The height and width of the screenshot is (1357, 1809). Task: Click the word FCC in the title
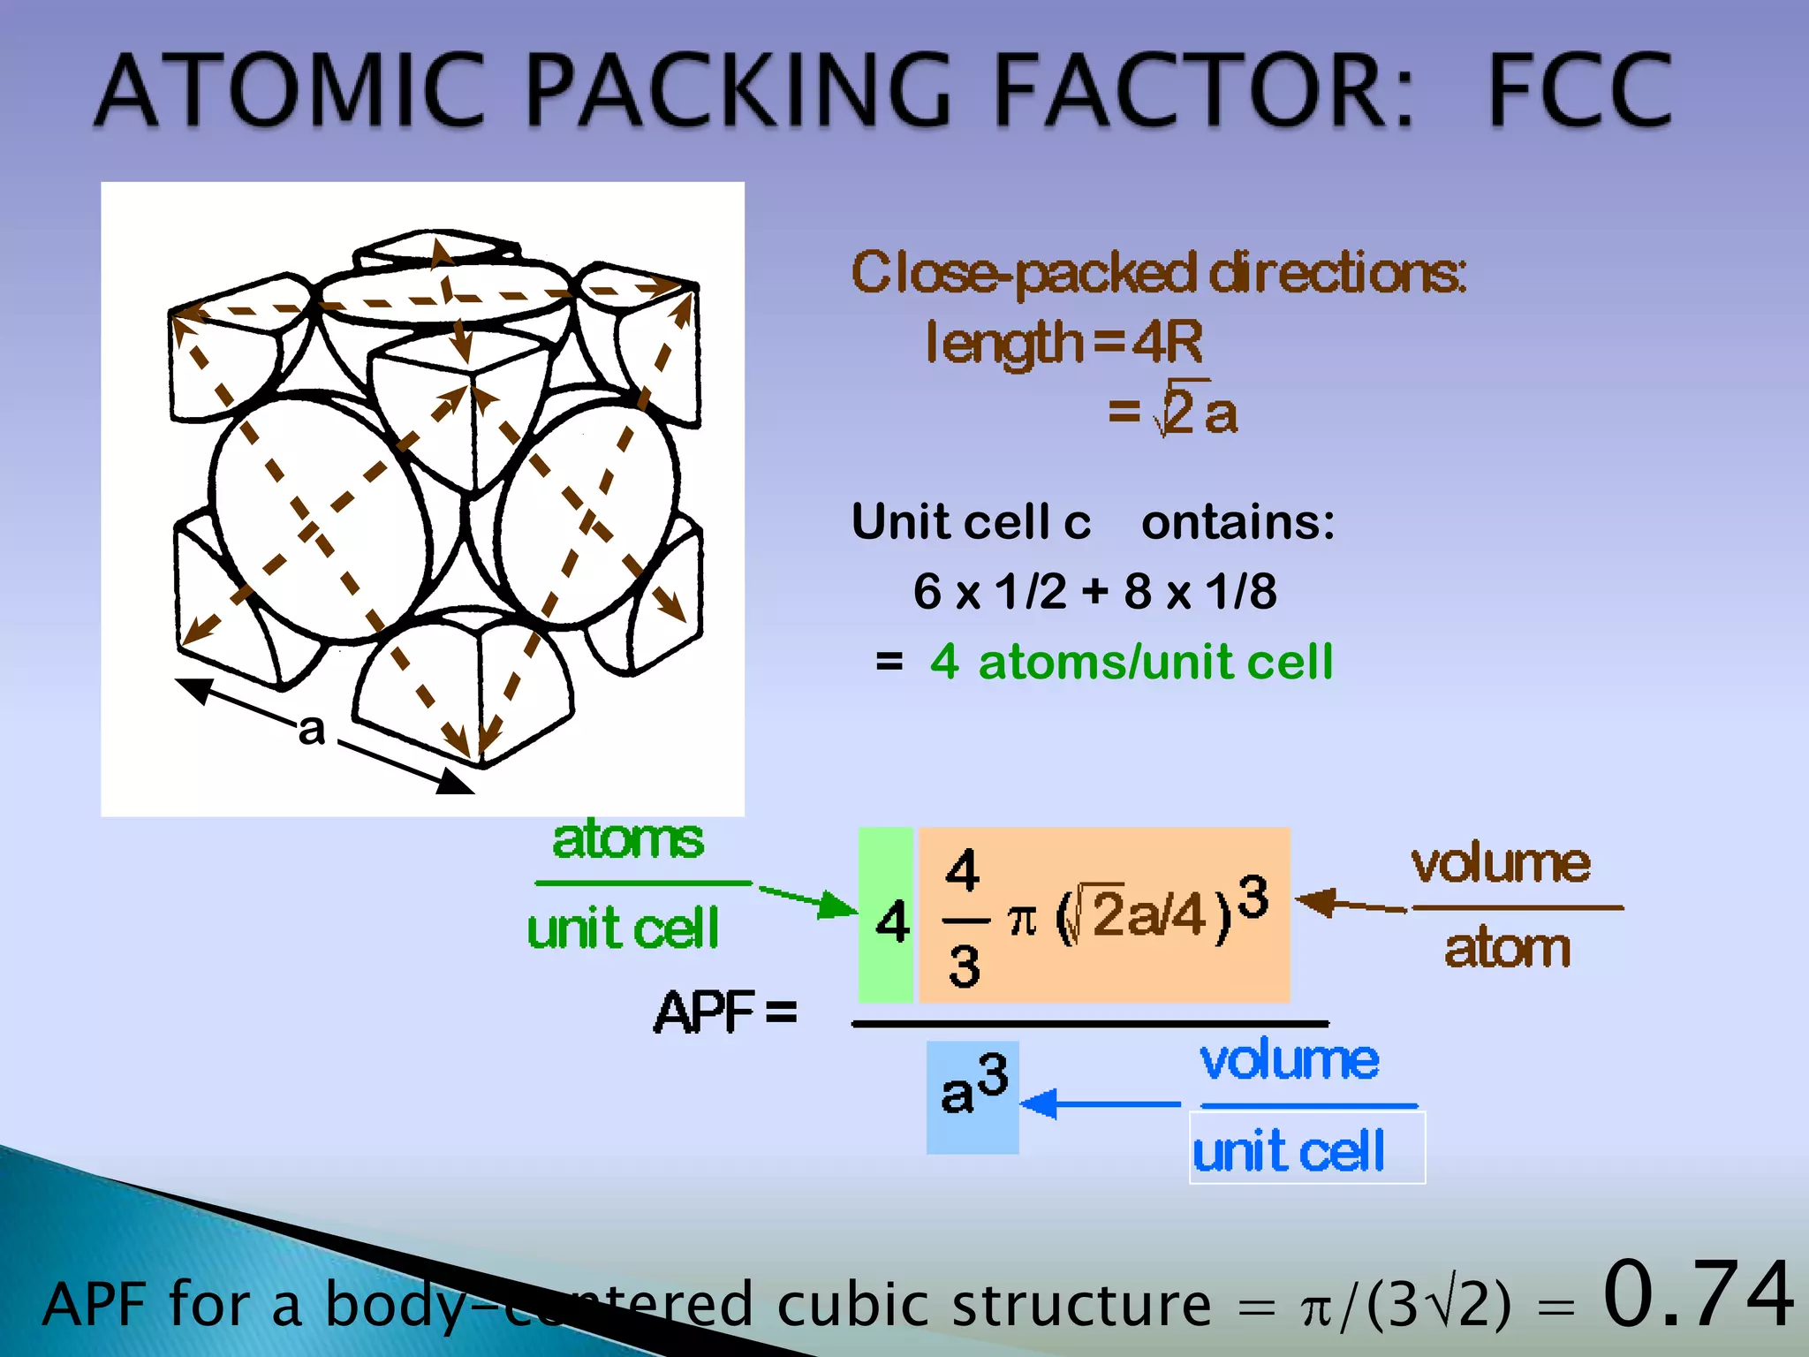click(1580, 90)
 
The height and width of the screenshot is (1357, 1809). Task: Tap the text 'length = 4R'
click(1063, 342)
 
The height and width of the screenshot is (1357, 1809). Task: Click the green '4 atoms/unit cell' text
click(1131, 662)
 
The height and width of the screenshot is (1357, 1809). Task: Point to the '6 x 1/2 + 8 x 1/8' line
click(1094, 591)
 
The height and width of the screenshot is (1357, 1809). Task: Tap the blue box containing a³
click(973, 1096)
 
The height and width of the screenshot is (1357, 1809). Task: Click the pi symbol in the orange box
click(1021, 921)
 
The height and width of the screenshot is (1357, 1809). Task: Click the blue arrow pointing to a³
click(1100, 1103)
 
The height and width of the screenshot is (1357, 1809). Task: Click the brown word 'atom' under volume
click(1507, 949)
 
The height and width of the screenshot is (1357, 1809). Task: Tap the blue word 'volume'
click(1289, 1060)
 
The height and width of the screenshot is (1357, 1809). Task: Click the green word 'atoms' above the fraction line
click(628, 839)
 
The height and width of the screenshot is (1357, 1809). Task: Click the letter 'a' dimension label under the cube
click(311, 730)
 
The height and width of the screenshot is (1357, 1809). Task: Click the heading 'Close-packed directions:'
click(1158, 272)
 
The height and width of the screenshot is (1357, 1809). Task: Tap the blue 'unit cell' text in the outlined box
click(1289, 1151)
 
